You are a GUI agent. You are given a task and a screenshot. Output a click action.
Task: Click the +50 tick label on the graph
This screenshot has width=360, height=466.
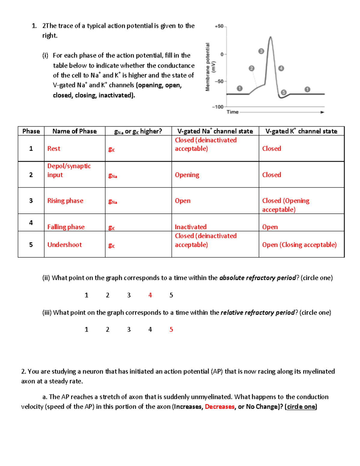pyautogui.click(x=219, y=26)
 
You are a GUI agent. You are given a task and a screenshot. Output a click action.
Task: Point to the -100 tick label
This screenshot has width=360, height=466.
pyautogui.click(x=218, y=107)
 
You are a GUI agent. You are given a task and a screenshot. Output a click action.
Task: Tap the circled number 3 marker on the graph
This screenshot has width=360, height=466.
pyautogui.click(x=261, y=51)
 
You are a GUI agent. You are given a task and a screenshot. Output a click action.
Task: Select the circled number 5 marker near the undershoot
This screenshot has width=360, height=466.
pyautogui.click(x=283, y=92)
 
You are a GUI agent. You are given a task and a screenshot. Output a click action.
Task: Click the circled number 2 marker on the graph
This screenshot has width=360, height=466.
pyautogui.click(x=251, y=68)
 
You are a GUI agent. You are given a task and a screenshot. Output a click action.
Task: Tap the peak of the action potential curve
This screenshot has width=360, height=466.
pyautogui.click(x=271, y=37)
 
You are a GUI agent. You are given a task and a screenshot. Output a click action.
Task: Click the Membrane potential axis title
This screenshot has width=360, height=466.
pyautogui.click(x=210, y=67)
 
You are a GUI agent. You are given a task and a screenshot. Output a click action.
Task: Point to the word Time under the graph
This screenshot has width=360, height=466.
pyautogui.click(x=232, y=112)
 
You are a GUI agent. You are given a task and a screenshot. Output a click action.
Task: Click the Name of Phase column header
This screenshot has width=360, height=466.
pyautogui.click(x=74, y=131)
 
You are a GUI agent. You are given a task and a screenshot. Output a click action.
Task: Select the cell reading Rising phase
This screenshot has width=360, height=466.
pyautogui.click(x=65, y=201)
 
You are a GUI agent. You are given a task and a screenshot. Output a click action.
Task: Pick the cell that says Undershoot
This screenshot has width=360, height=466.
pyautogui.click(x=64, y=245)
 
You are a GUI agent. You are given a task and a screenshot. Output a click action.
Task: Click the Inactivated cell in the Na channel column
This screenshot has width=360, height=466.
pyautogui.click(x=190, y=227)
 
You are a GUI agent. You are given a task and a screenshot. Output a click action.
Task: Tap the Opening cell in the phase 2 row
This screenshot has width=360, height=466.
pyautogui.click(x=187, y=175)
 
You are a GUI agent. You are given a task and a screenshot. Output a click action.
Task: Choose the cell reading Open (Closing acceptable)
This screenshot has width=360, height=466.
pyautogui.click(x=299, y=245)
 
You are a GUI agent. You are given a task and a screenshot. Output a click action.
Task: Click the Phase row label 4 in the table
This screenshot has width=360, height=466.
pyautogui.click(x=31, y=223)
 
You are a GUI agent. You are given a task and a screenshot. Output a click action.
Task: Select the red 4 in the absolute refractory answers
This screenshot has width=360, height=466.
pyautogui.click(x=150, y=295)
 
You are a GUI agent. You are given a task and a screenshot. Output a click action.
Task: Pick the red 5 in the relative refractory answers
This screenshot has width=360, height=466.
pyautogui.click(x=171, y=329)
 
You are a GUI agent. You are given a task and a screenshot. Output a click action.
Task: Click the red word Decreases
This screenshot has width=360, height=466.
pyautogui.click(x=220, y=407)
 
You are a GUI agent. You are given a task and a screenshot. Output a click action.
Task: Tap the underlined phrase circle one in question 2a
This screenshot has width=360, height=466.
pyautogui.click(x=301, y=407)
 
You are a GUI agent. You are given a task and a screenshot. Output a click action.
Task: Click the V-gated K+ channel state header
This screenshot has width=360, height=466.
pyautogui.click(x=301, y=131)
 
